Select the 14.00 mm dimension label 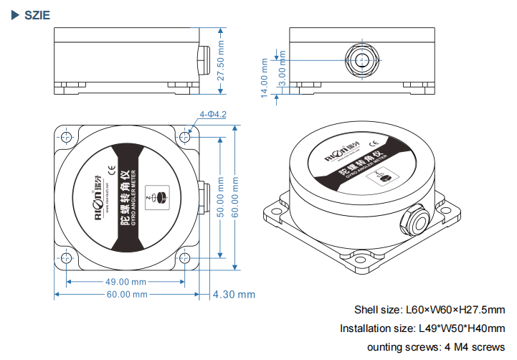point(265,80)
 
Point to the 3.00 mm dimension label point(282,74)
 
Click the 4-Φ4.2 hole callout point(214,114)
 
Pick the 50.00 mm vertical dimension point(222,196)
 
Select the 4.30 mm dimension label point(234,294)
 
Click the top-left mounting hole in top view point(66,136)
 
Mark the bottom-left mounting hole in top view point(66,258)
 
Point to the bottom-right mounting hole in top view point(187,258)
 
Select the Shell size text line point(430,310)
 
